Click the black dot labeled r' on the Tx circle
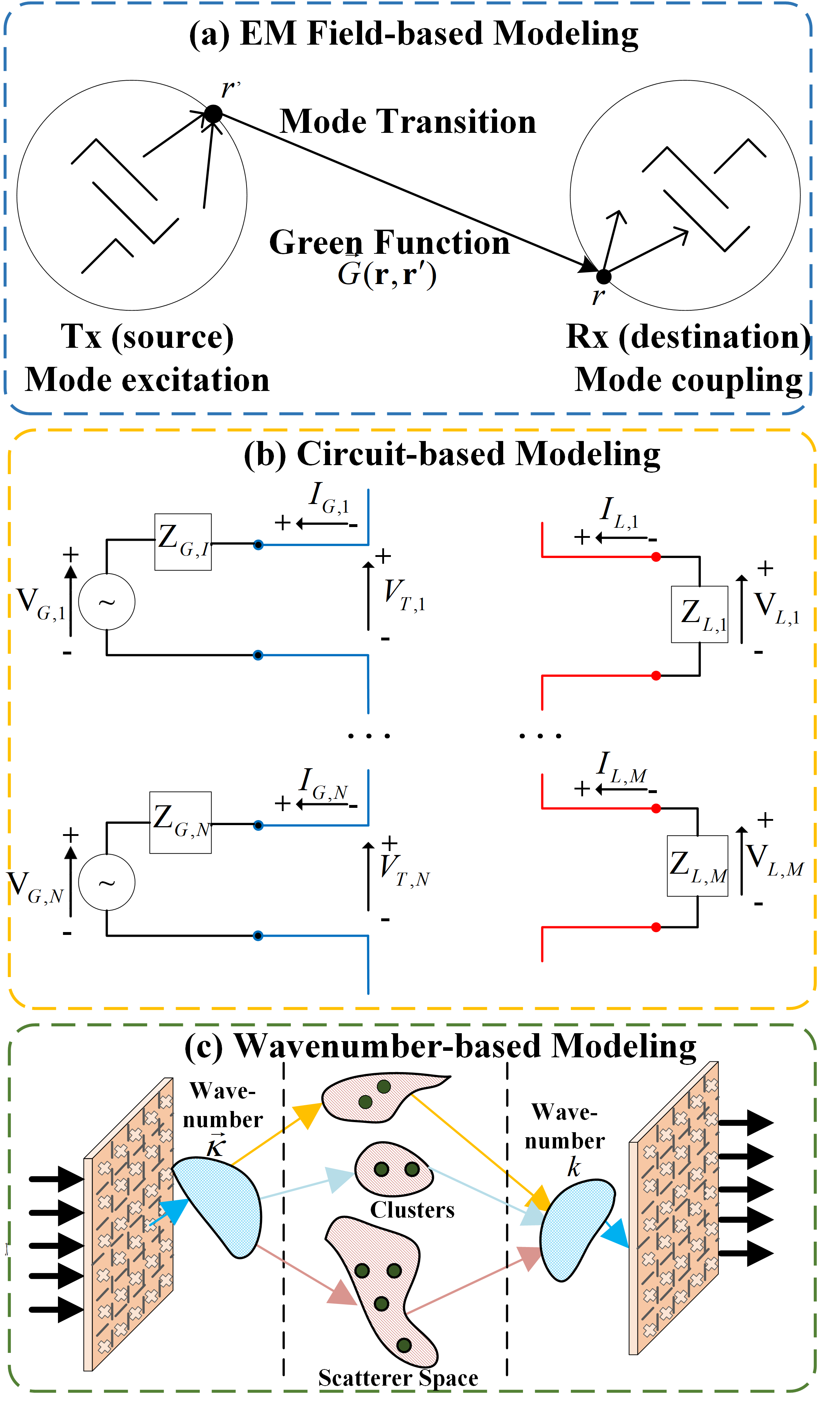pyautogui.click(x=213, y=114)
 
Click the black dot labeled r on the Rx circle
pyautogui.click(x=604, y=276)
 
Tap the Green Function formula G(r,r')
pyautogui.click(x=387, y=274)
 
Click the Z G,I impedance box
pyautogui.click(x=183, y=542)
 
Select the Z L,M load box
pyautogui.click(x=698, y=866)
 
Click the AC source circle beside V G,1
pyautogui.click(x=107, y=602)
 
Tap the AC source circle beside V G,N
pyautogui.click(x=107, y=883)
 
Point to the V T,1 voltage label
pyautogui.click(x=404, y=595)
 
